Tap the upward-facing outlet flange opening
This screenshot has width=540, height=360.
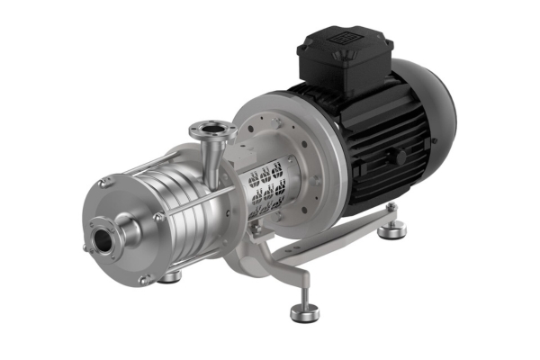[210, 131]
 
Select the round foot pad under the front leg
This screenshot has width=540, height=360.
[304, 312]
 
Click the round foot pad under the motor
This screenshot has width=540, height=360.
[390, 232]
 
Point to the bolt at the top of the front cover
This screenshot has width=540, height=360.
[104, 184]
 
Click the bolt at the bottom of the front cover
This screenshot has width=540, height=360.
[142, 282]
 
